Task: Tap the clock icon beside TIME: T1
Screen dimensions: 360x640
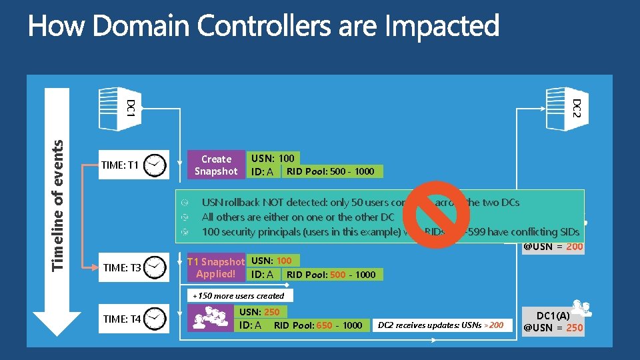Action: click(x=155, y=165)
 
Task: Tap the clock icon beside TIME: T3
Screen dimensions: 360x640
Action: click(x=155, y=267)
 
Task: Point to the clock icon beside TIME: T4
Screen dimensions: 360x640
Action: click(x=155, y=319)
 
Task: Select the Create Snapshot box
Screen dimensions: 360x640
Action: click(x=216, y=165)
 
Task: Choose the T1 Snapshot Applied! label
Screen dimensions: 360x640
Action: click(x=216, y=267)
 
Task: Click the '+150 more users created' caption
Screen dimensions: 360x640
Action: click(x=238, y=295)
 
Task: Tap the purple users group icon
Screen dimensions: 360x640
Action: click(x=209, y=319)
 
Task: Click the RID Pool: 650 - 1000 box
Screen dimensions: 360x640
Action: click(x=317, y=325)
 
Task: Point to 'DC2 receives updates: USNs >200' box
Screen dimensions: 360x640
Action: click(x=441, y=325)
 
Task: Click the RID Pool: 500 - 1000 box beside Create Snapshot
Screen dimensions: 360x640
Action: click(x=330, y=172)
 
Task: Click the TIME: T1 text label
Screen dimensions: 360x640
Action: click(x=120, y=165)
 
